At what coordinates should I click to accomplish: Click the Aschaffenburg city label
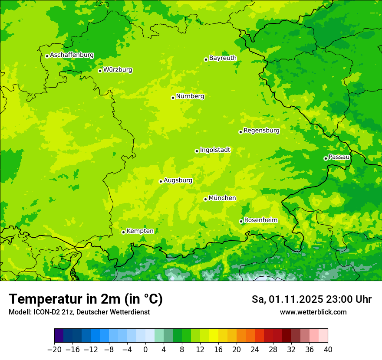point(72,55)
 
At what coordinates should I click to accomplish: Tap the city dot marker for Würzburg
point(100,71)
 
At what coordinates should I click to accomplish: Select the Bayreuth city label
point(223,58)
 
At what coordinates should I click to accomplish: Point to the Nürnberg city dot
point(173,98)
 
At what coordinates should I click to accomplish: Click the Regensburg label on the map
point(261,131)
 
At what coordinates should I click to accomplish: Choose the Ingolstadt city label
point(215,150)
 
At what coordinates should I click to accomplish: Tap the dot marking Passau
point(326,158)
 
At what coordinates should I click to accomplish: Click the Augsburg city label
point(178,180)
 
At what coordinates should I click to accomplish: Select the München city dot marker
point(205,199)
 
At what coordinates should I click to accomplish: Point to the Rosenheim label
point(260,220)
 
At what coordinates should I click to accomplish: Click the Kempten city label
point(140,231)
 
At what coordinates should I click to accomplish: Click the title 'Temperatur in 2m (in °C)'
point(86,299)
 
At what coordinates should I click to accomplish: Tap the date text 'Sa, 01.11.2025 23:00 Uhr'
point(311,299)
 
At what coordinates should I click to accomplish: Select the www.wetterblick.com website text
point(313,312)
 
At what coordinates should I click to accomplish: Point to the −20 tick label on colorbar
point(54,350)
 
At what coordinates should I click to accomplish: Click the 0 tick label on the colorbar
point(145,350)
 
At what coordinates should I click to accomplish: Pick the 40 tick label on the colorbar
point(328,350)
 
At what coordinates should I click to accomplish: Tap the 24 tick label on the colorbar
point(255,350)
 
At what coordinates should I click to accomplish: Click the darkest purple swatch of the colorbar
point(59,336)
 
